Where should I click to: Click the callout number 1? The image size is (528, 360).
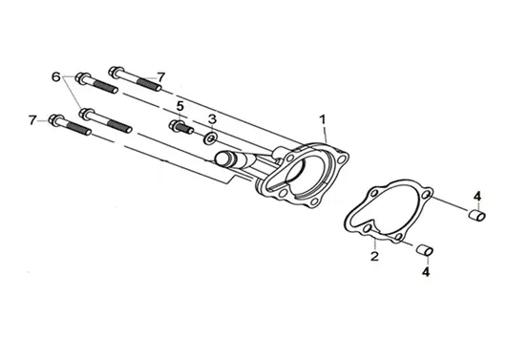pyautogui.click(x=323, y=119)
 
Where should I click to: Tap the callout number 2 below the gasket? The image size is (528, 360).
pyautogui.click(x=374, y=256)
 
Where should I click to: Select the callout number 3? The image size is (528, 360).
pyautogui.click(x=212, y=118)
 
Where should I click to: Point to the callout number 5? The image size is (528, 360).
pyautogui.click(x=180, y=106)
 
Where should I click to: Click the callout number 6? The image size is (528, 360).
pyautogui.click(x=56, y=76)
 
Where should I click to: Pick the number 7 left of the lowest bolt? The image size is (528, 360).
pyautogui.click(x=32, y=120)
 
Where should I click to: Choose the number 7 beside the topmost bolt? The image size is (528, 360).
pyautogui.click(x=161, y=77)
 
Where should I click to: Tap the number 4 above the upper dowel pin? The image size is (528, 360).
pyautogui.click(x=477, y=196)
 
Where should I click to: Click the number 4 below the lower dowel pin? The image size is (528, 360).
pyautogui.click(x=426, y=272)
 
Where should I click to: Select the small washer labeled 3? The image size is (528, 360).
pyautogui.click(x=210, y=138)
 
